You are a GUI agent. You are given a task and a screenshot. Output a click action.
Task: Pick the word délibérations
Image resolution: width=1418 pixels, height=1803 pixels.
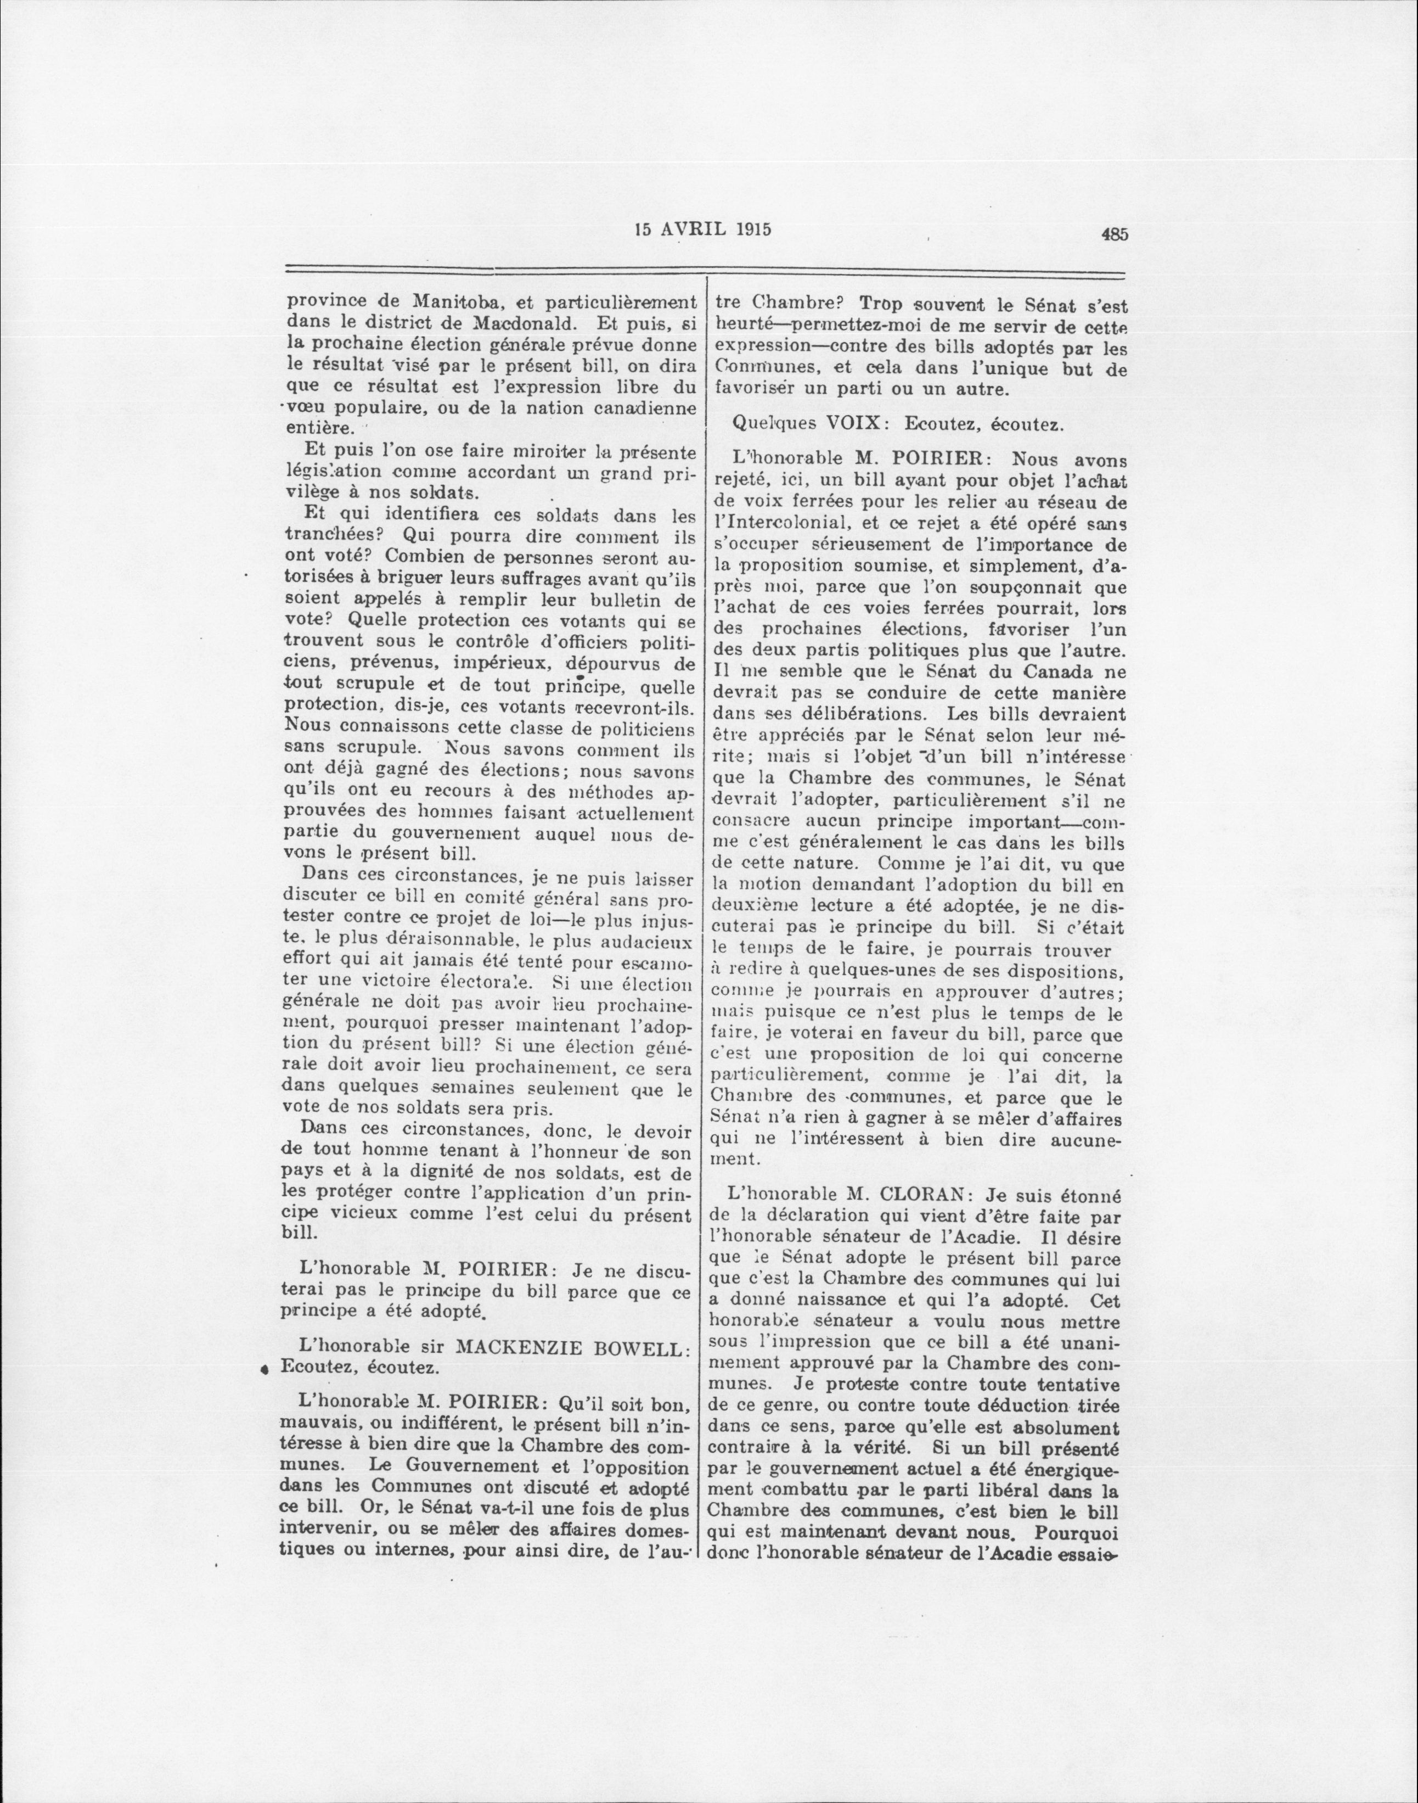857,715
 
